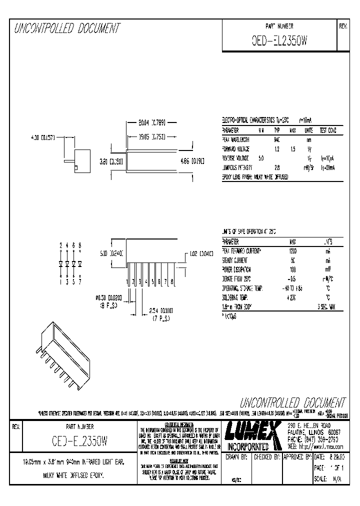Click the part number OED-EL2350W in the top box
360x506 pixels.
point(279,42)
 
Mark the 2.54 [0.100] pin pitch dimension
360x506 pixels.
point(160,310)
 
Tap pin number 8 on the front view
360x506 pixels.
point(172,282)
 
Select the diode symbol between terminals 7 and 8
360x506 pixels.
point(79,263)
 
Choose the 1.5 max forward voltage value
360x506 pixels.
point(293,149)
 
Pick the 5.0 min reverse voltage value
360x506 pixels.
point(261,158)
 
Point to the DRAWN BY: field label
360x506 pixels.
point(237,457)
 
